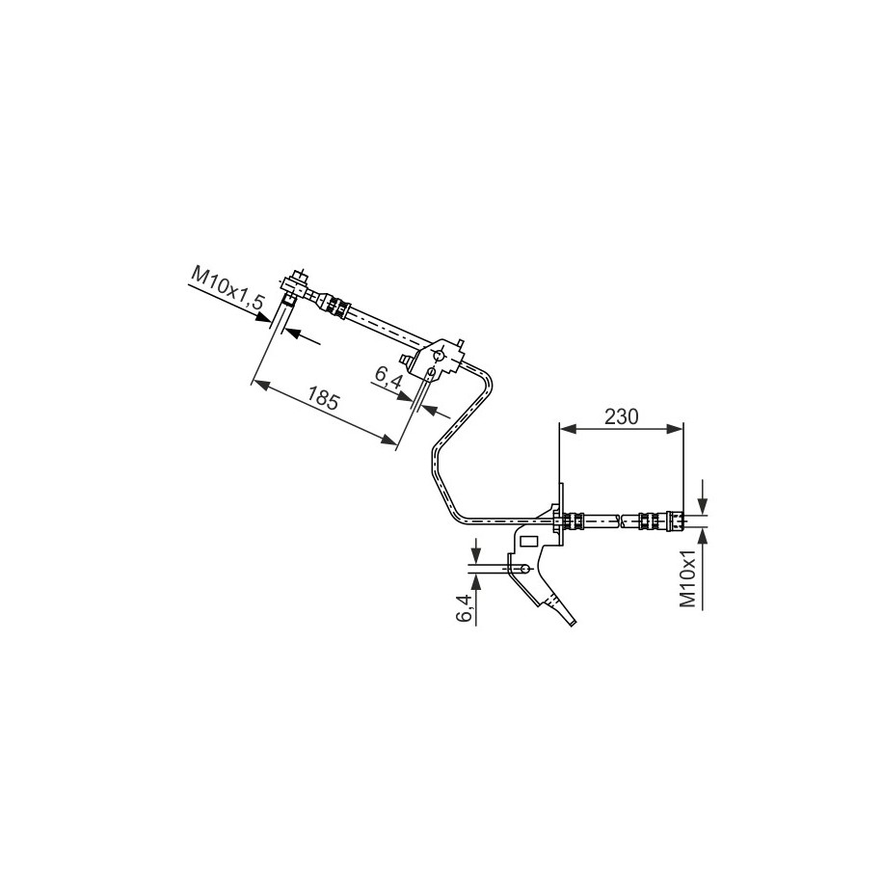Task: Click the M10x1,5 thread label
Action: (x=227, y=287)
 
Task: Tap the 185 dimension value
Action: (x=323, y=397)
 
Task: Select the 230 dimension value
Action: (x=622, y=416)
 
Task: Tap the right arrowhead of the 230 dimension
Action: (x=675, y=429)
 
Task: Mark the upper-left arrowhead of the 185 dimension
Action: (x=261, y=385)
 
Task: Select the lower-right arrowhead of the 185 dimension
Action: (x=388, y=440)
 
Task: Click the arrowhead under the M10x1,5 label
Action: (x=262, y=317)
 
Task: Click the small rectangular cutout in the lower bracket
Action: (x=530, y=542)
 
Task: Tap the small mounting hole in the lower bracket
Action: (x=524, y=568)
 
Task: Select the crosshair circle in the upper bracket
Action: (x=439, y=355)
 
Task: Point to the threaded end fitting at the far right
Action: (x=675, y=520)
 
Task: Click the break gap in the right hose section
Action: (x=621, y=521)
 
